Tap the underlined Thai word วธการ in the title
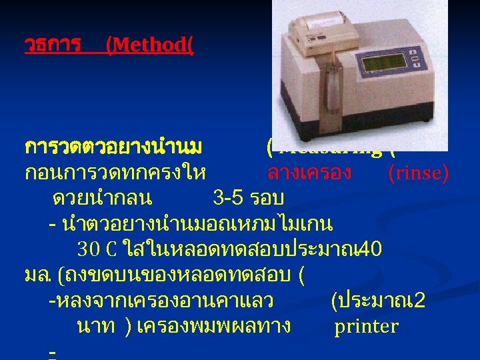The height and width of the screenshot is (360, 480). click(x=52, y=45)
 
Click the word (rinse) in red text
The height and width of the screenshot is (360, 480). click(x=418, y=173)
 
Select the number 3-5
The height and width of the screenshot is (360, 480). click(x=228, y=198)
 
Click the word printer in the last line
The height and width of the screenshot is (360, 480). click(x=366, y=326)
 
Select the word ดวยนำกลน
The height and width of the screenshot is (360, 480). click(x=102, y=198)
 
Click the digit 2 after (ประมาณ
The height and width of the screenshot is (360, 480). click(x=419, y=301)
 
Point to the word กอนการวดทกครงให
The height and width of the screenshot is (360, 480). click(x=114, y=173)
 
